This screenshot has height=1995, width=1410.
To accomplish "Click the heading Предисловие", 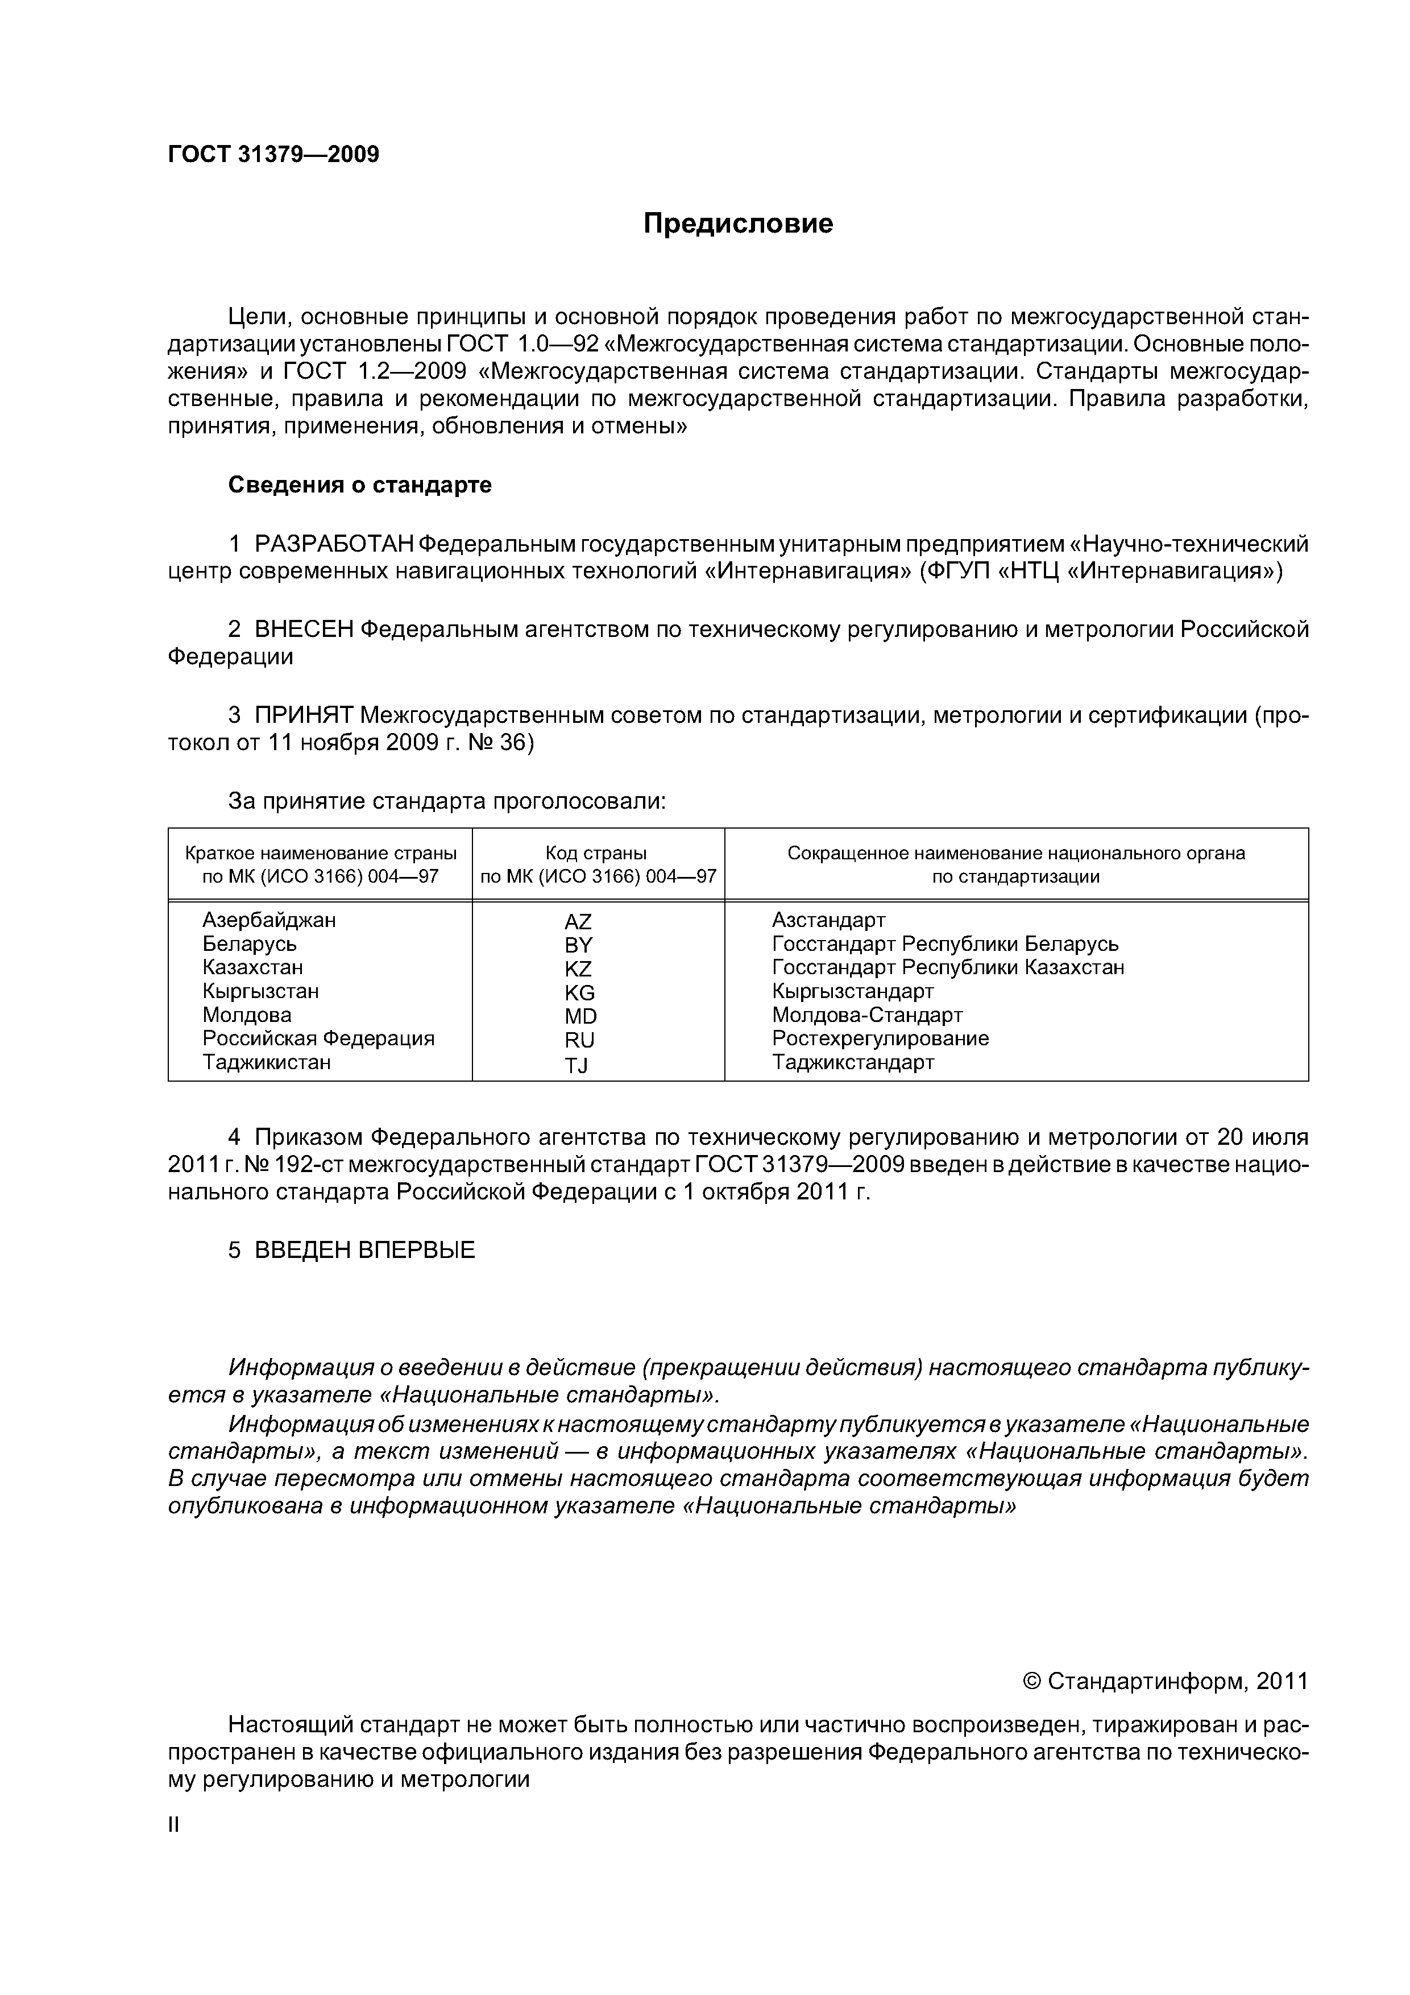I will coord(737,224).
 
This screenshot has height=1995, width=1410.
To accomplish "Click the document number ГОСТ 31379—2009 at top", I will coord(273,155).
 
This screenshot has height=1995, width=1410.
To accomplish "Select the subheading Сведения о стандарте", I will coord(360,485).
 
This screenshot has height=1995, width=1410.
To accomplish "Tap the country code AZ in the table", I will coord(578,922).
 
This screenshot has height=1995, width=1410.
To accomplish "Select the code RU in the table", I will coord(579,1041).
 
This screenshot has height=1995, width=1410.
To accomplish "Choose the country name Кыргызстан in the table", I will coord(260,991).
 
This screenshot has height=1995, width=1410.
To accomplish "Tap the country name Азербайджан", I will coord(269,920).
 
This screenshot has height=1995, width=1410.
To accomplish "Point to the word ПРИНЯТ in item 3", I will coord(304,716).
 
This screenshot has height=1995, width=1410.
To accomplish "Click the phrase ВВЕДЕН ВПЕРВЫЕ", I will coord(365,1251).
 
